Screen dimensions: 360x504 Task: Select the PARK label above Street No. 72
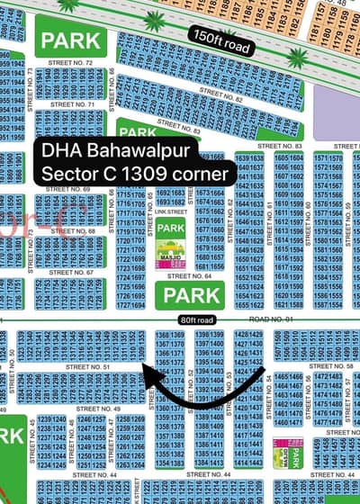pyautogui.click(x=69, y=40)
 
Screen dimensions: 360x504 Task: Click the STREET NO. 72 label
pyautogui.click(x=76, y=62)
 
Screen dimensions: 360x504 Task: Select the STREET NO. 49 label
pyautogui.click(x=100, y=409)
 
